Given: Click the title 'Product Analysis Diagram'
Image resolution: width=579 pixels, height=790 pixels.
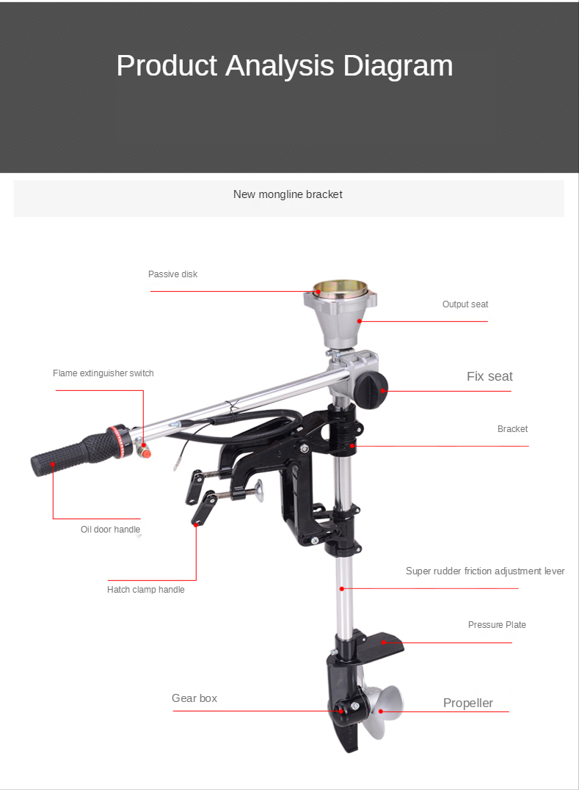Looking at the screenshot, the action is click(285, 66).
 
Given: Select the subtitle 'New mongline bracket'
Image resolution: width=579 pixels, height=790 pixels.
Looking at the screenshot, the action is click(288, 194).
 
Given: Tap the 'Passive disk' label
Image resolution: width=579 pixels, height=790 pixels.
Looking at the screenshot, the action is click(173, 274).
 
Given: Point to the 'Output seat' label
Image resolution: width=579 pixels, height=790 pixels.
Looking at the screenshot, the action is click(465, 304).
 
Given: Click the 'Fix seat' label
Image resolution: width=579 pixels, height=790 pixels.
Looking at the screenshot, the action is click(489, 376).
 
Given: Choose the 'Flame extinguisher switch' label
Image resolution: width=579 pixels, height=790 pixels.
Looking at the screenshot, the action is click(103, 373).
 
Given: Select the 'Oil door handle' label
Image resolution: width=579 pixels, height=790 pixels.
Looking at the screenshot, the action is click(110, 530).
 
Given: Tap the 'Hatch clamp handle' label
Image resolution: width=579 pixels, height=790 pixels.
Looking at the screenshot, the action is click(145, 590).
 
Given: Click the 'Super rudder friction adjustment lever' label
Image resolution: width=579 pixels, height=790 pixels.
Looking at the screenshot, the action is click(485, 571).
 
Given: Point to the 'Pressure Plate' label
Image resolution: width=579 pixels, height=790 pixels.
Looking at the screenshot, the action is click(497, 625).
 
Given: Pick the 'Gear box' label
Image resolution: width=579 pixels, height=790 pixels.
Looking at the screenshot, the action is click(194, 698).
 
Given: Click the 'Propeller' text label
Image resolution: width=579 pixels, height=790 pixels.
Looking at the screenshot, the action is click(468, 703).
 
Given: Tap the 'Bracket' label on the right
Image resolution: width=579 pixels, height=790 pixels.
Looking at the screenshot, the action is click(512, 429).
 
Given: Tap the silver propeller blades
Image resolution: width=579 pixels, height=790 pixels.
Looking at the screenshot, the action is click(382, 709).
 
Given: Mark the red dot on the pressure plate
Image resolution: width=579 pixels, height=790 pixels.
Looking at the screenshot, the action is click(384, 643).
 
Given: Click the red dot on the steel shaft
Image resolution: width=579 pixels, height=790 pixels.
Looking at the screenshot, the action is click(342, 588).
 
